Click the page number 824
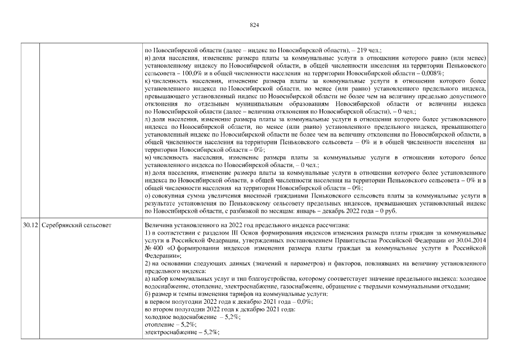[x=254, y=25]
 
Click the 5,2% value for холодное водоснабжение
[x=231, y=317]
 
